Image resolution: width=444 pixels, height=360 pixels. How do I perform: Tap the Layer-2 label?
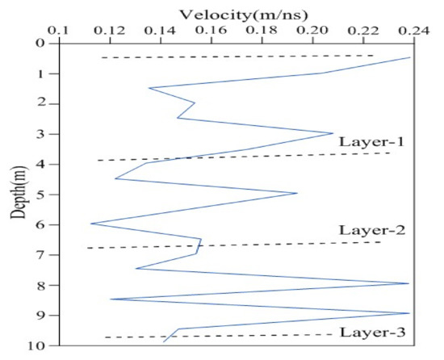coord(360,230)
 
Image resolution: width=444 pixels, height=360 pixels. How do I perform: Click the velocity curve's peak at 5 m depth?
coord(297,193)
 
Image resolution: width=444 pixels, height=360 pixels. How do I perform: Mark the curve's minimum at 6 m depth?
coord(90,224)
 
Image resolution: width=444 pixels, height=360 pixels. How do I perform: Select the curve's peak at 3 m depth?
coord(333,133)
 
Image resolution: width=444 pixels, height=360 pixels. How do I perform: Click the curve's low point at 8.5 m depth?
coord(111,299)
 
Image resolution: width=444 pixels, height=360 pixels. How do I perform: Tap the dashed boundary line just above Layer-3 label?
coord(242,335)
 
